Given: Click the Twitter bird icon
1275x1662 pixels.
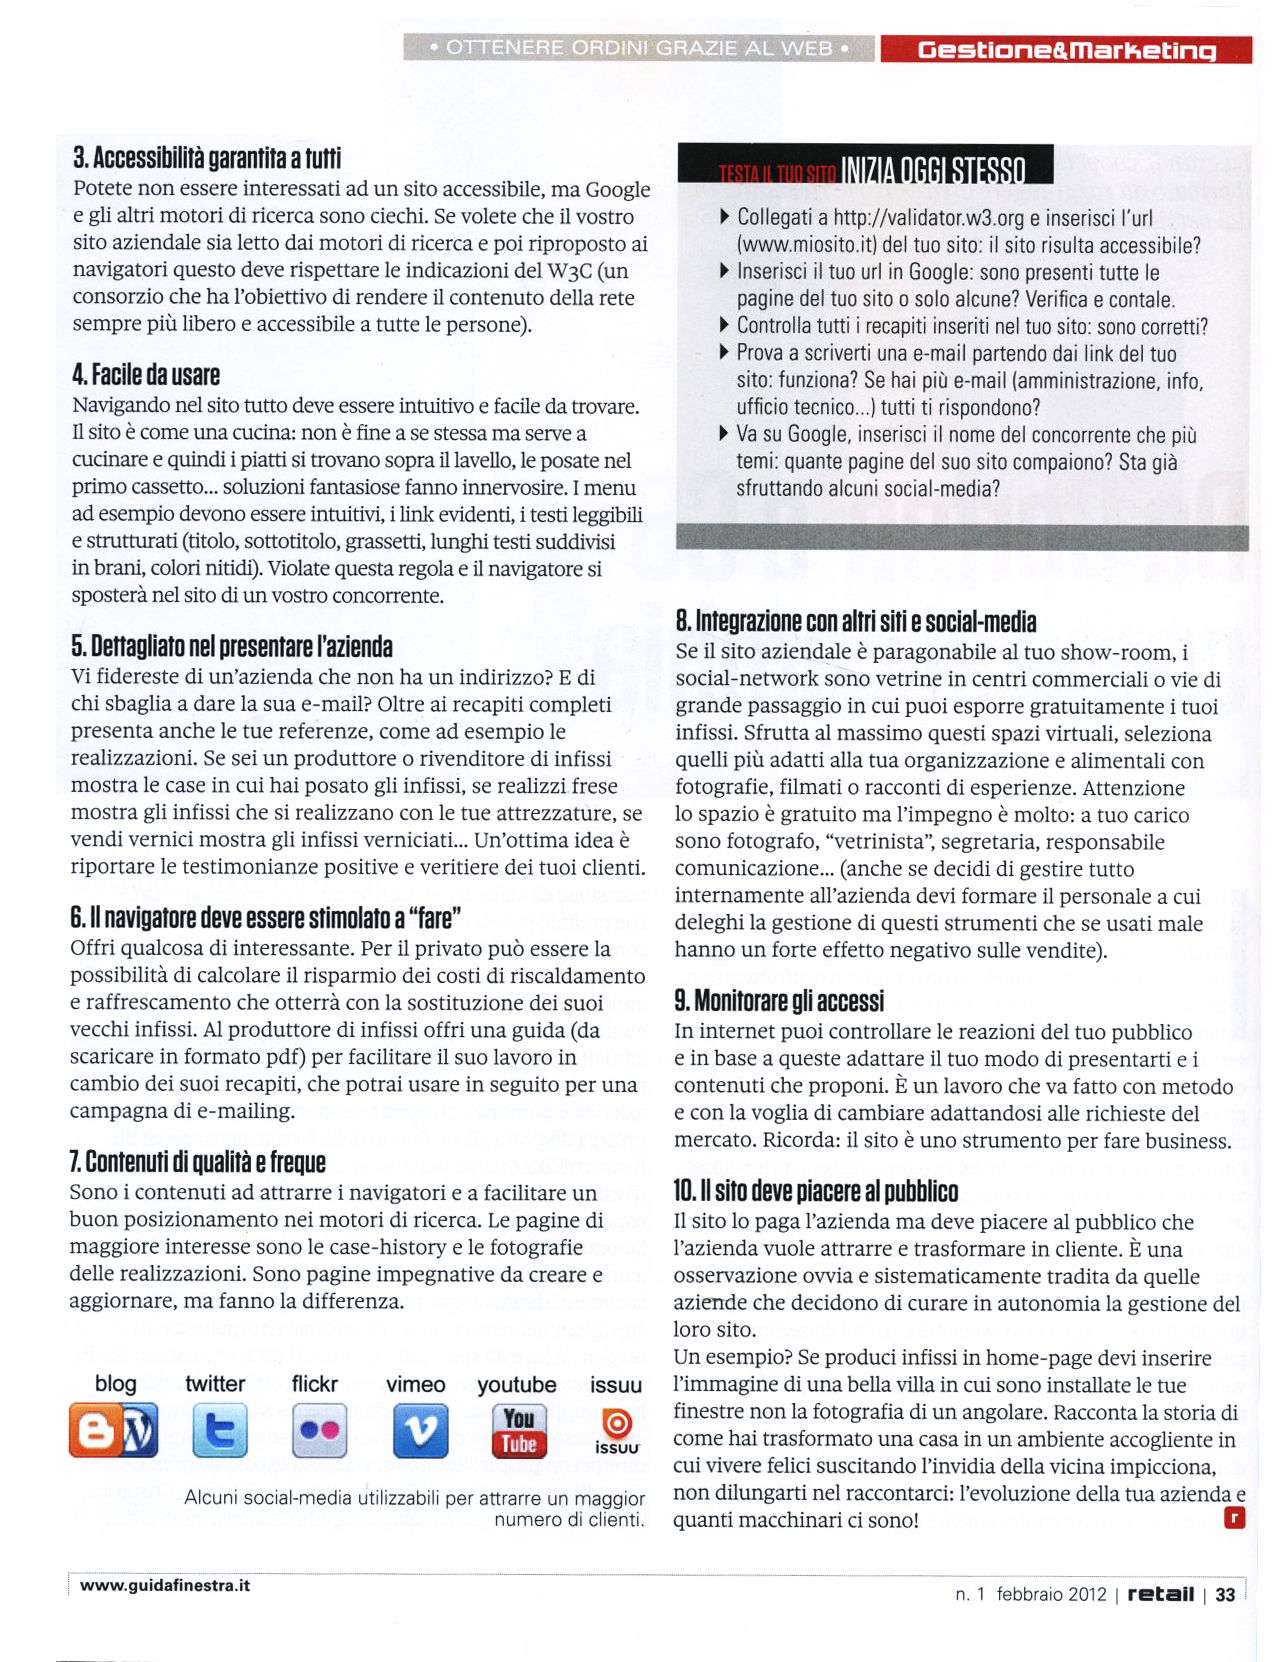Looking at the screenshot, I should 219,1431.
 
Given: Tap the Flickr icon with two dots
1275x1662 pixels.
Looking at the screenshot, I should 319,1431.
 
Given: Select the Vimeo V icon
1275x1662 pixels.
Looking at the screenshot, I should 419,1431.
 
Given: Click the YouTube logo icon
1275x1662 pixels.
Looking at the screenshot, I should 518,1431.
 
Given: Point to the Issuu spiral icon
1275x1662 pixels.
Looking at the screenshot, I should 617,1423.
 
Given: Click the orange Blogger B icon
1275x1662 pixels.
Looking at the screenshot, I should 93,1431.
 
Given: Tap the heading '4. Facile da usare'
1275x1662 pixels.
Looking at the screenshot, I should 146,375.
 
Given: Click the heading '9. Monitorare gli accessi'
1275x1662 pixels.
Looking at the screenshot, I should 779,1001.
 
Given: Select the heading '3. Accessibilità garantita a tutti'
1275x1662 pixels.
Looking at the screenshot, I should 207,158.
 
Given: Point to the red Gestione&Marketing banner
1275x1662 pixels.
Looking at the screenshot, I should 1066,50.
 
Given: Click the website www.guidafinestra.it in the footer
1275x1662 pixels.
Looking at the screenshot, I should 165,1585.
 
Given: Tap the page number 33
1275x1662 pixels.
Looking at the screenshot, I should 1225,1595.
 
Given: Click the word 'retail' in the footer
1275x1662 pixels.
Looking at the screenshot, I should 1160,1594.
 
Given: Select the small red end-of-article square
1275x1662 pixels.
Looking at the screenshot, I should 1234,1518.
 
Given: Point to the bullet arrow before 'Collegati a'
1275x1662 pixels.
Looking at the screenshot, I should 724,216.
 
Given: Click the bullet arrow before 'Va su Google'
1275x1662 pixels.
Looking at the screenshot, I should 724,434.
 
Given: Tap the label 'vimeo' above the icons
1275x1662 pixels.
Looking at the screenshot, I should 415,1385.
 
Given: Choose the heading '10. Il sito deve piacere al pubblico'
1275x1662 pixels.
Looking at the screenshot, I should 816,1191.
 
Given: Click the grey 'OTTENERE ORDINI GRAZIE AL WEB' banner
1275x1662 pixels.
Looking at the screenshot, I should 639,48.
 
